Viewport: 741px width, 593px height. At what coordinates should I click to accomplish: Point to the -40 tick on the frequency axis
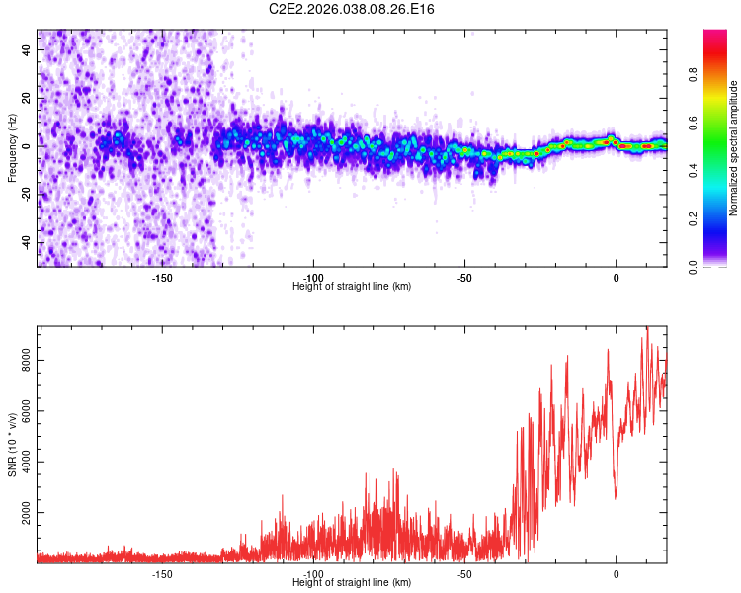coord(26,243)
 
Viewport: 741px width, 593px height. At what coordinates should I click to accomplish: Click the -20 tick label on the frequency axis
coord(26,195)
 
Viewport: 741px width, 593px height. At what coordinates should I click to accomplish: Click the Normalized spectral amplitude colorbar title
coord(733,148)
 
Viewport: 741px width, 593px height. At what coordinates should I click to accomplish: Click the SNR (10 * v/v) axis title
coord(12,445)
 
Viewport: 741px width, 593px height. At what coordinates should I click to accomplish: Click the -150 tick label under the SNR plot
coord(162,573)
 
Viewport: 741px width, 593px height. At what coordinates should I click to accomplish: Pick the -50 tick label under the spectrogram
coord(464,278)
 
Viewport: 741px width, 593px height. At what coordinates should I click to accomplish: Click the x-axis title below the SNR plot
coord(352,583)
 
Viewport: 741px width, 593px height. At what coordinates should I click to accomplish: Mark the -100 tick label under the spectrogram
coord(313,278)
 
